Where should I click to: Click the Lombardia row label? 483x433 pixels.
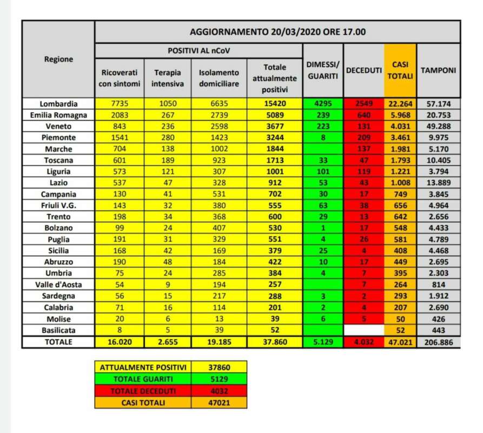pos(58,103)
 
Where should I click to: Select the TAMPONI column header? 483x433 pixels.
pos(438,70)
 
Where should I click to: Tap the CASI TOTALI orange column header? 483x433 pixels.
pos(400,70)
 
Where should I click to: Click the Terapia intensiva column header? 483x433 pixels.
pos(168,77)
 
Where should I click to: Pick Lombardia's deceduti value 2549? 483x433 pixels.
pos(363,103)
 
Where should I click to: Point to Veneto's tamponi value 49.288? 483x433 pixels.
pos(438,126)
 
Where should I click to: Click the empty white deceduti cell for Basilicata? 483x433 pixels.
pos(363,330)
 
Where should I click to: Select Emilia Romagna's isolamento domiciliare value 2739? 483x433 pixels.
pos(219,115)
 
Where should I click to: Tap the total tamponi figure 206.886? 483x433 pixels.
pos(438,342)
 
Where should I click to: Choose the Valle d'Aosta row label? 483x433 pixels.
pos(58,285)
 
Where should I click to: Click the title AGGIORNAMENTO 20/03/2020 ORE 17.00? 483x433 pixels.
pos(277,32)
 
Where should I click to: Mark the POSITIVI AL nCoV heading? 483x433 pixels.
pos(198,50)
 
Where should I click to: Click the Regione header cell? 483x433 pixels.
pos(58,60)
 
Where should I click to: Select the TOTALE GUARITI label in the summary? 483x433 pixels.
pos(143,379)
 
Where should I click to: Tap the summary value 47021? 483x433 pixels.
pos(220,402)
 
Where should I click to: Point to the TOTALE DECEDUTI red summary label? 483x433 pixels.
pos(143,391)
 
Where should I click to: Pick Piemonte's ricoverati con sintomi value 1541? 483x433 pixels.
pos(120,137)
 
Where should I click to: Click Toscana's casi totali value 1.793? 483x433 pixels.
pos(400,160)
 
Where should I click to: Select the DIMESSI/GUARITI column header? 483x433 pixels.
pos(322,70)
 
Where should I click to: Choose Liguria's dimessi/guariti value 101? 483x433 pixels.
pos(322,172)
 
